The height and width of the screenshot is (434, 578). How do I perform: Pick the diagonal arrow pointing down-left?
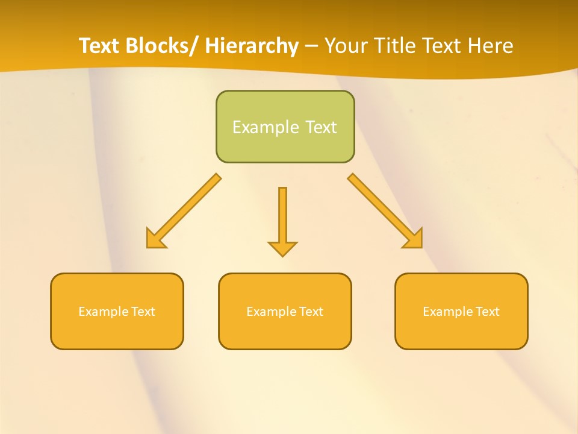tap(184, 211)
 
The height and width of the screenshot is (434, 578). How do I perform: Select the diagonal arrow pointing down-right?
tap(385, 211)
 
